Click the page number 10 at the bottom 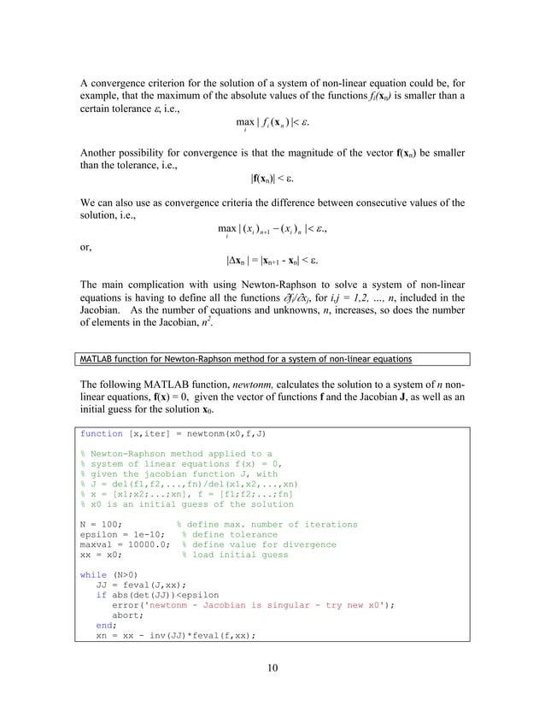tap(272, 669)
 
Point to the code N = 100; tap(101, 524)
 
